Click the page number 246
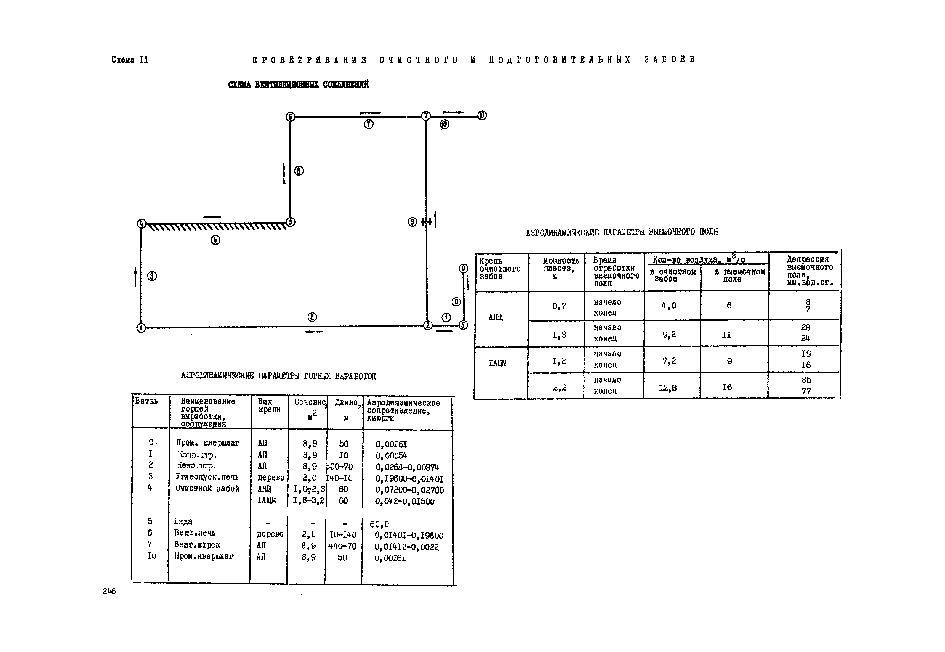(109, 591)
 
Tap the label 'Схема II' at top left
(129, 60)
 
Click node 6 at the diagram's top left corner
(290, 117)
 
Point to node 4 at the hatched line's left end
(141, 224)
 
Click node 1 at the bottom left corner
(141, 328)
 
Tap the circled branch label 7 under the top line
(368, 124)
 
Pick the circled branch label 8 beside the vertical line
(299, 171)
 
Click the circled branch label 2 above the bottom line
(312, 317)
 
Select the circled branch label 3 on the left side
(152, 276)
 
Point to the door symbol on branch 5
(426, 222)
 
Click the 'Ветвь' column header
(146, 401)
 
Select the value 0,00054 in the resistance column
(391, 455)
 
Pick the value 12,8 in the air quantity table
(668, 388)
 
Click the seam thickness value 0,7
(559, 306)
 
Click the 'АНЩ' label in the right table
(495, 317)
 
